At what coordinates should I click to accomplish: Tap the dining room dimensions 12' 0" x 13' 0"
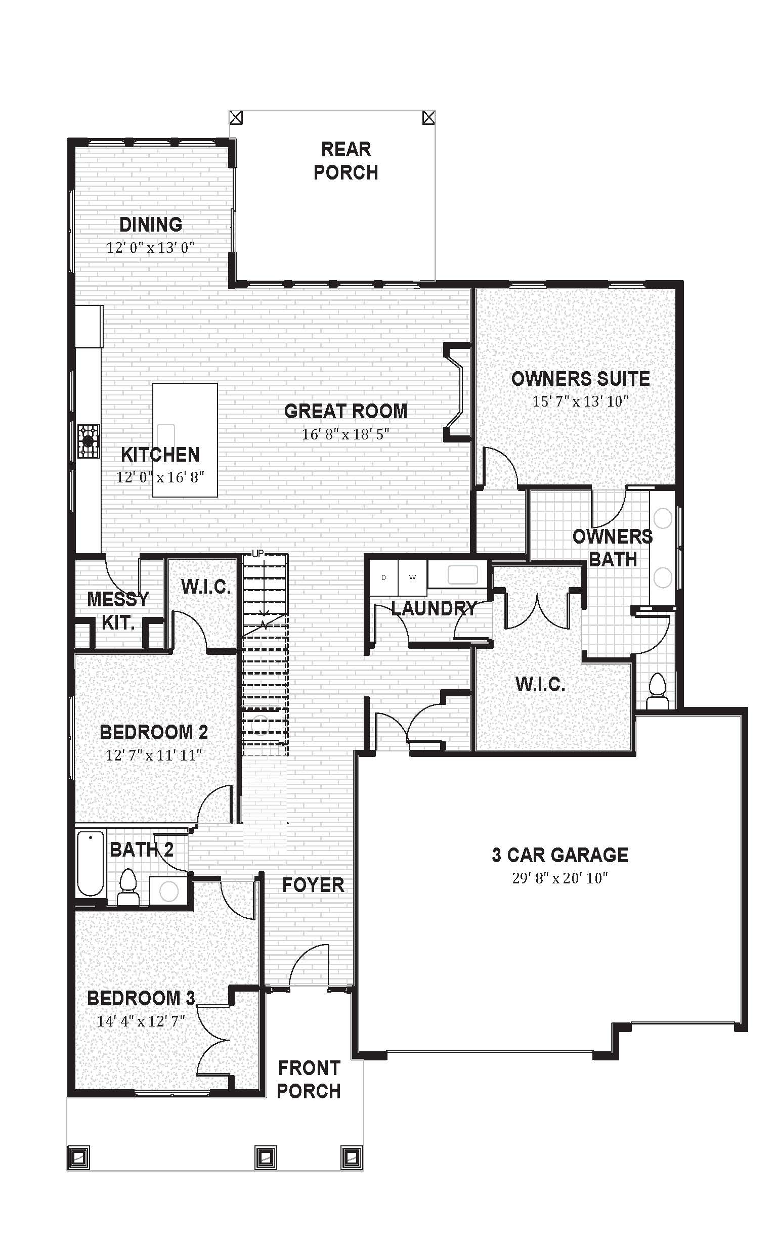click(x=150, y=248)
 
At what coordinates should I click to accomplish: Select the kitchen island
click(x=185, y=439)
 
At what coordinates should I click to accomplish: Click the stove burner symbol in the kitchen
click(x=89, y=440)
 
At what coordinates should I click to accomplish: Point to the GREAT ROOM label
click(x=346, y=411)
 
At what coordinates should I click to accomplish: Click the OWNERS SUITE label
click(x=580, y=379)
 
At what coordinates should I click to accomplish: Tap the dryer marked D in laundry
click(x=384, y=577)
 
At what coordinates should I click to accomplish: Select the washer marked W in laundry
click(x=413, y=577)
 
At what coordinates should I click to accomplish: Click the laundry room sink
click(x=462, y=574)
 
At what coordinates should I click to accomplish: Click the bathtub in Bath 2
click(x=90, y=863)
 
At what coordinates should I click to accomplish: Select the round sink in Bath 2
click(x=168, y=892)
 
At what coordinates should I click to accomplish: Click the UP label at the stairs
click(x=257, y=553)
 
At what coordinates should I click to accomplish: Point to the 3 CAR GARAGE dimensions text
click(x=559, y=878)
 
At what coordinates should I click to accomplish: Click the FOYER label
click(x=313, y=885)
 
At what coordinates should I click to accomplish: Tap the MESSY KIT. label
click(x=118, y=610)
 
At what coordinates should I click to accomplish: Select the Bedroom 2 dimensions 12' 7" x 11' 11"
click(x=153, y=755)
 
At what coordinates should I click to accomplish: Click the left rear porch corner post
click(x=236, y=118)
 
